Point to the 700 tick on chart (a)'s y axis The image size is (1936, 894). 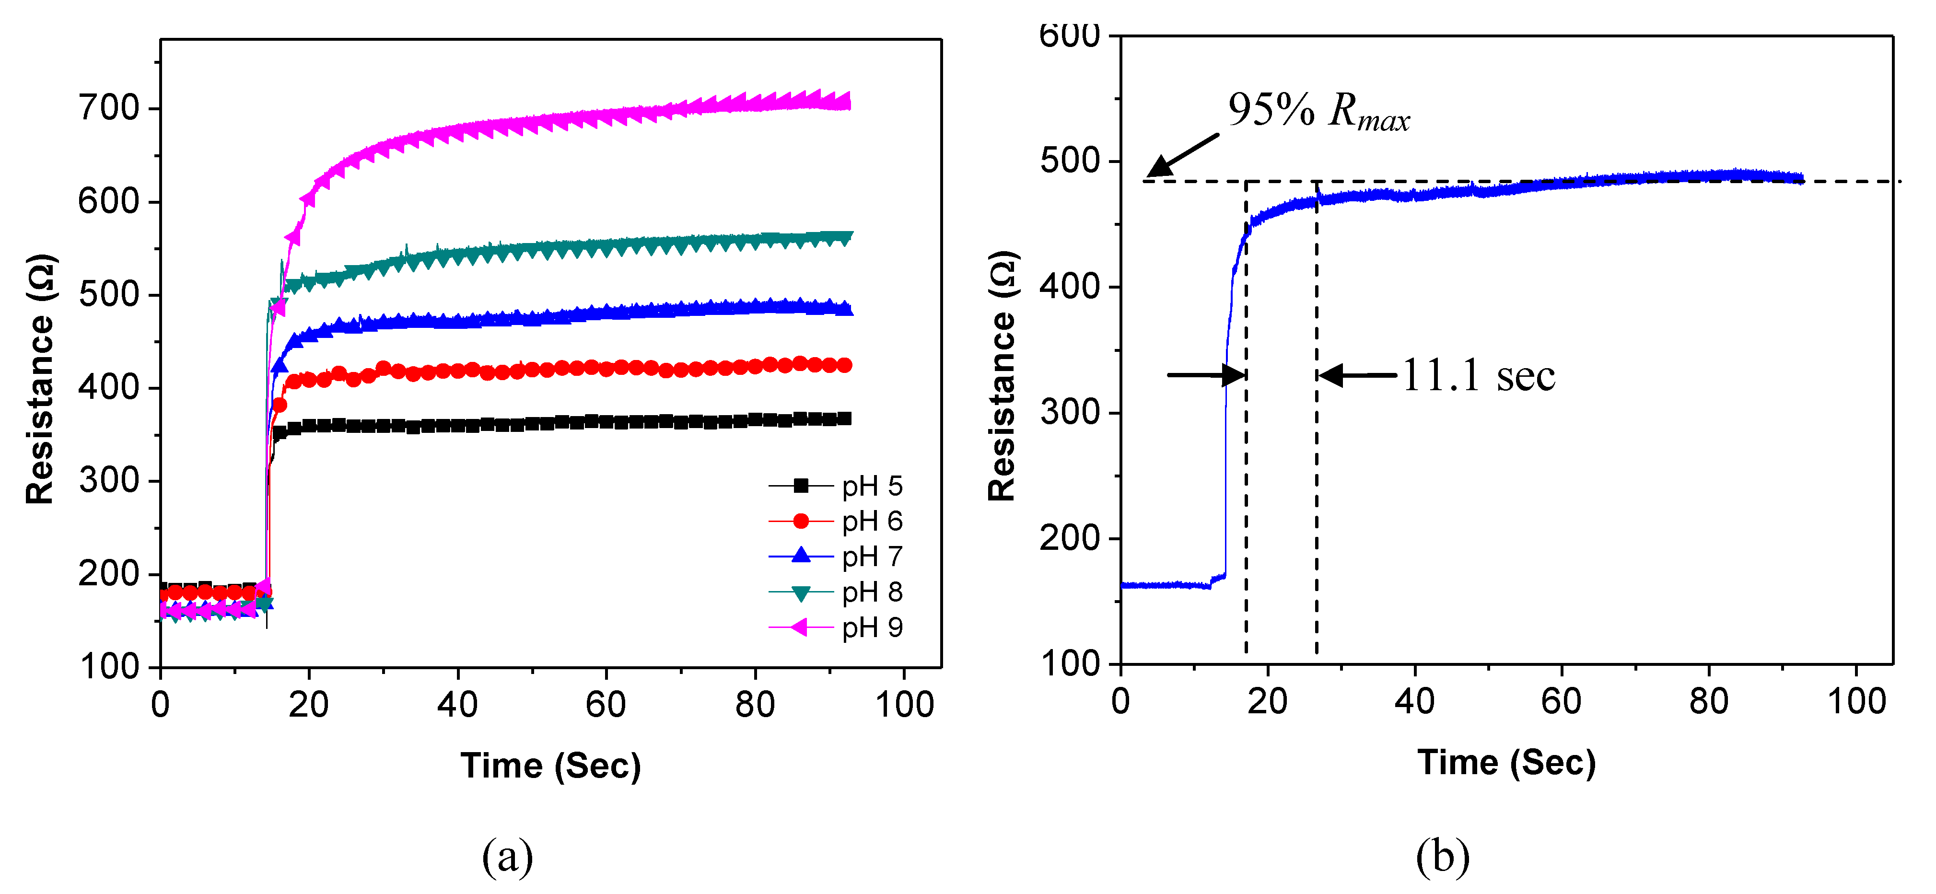tap(110, 109)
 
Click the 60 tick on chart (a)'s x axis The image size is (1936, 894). tap(606, 705)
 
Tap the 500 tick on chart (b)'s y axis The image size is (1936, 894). tap(1070, 161)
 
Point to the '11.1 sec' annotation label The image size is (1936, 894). tap(1478, 376)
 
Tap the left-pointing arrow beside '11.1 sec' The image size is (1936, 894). tap(1357, 375)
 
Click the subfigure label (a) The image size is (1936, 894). tap(508, 857)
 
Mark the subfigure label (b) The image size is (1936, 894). tap(1442, 857)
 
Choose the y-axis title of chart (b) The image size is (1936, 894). tap(1003, 376)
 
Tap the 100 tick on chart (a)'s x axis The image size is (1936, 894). tap(904, 705)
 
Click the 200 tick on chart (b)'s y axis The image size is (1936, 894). tap(1070, 538)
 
